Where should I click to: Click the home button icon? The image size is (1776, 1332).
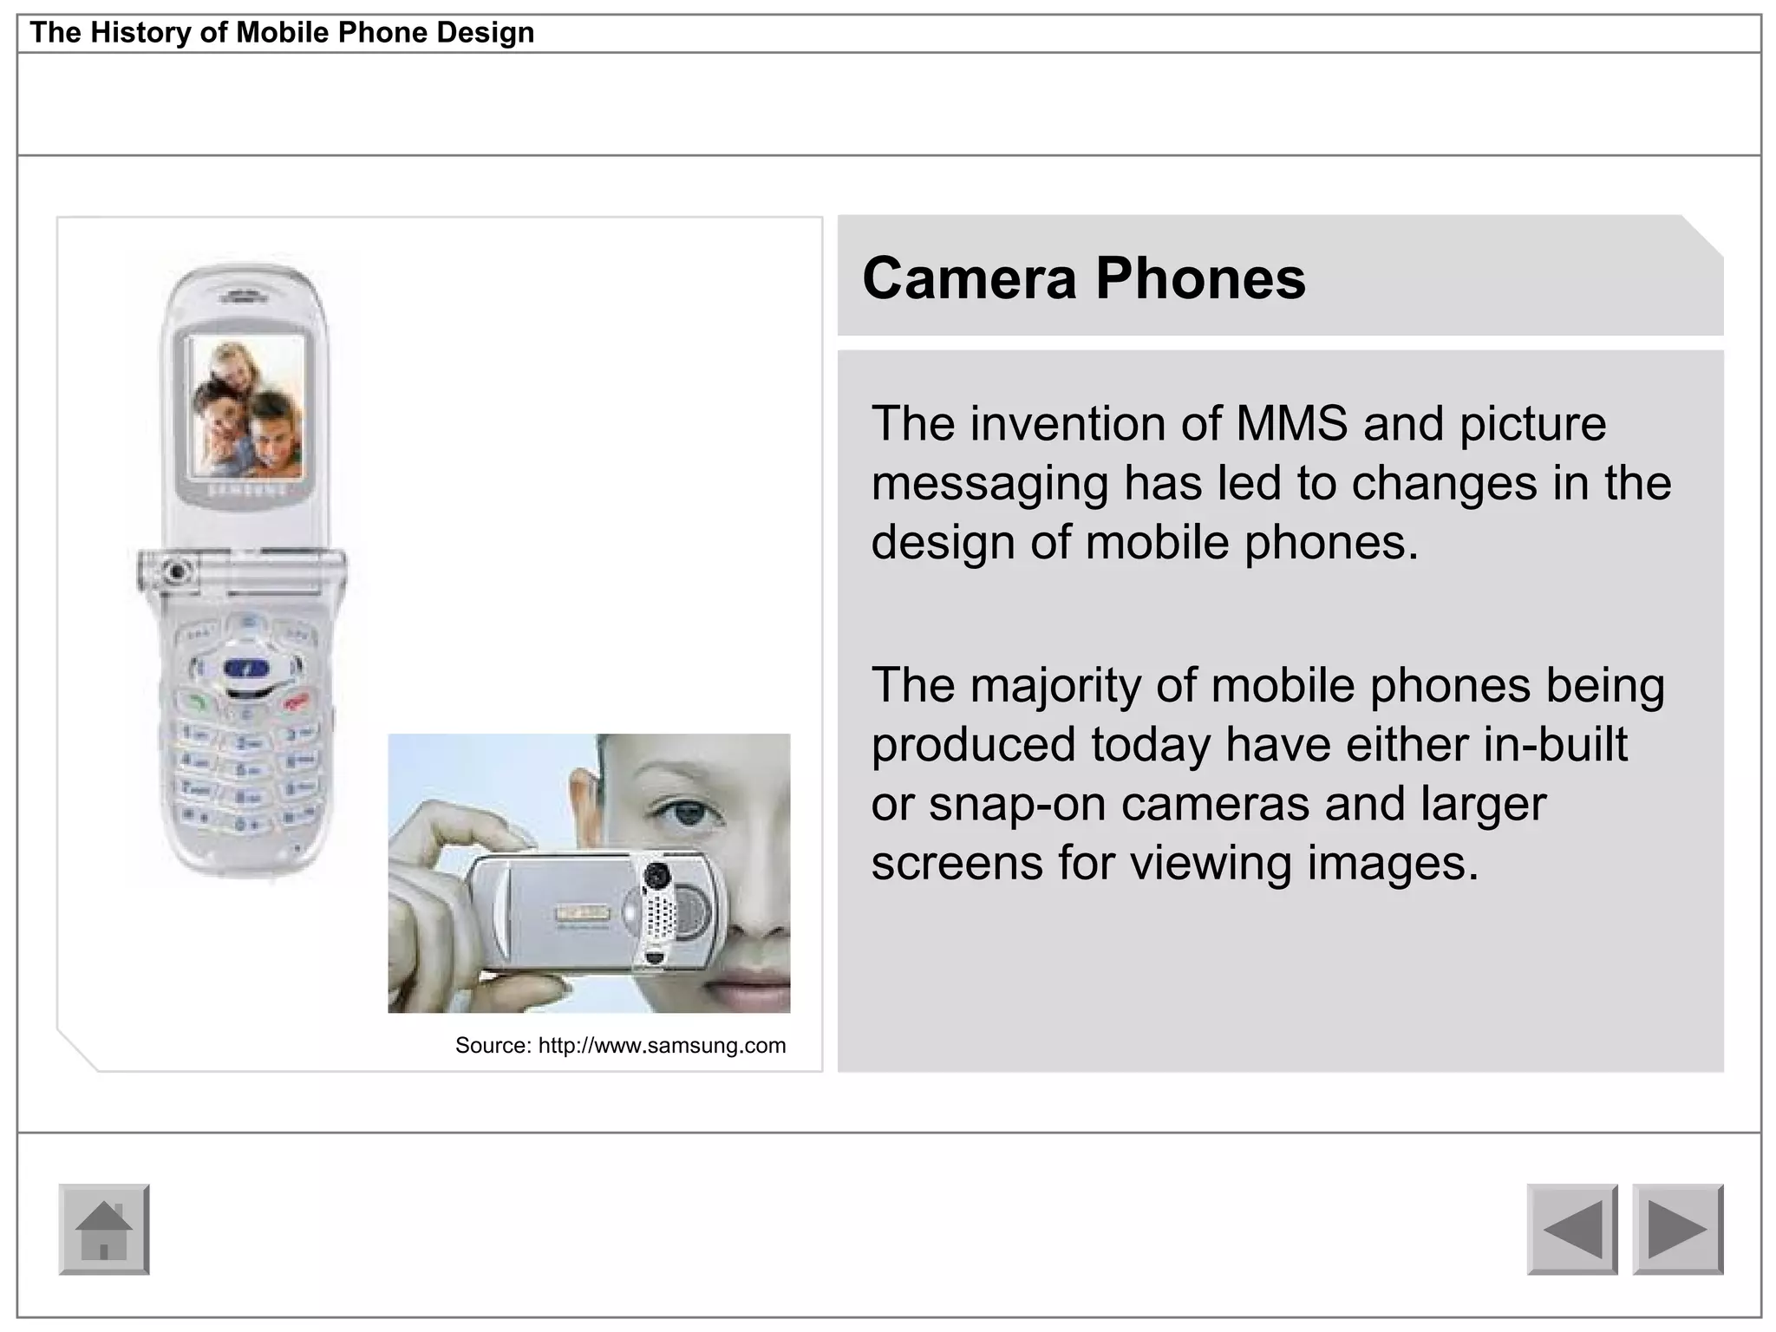104,1229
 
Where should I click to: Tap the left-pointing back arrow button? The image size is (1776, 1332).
1572,1229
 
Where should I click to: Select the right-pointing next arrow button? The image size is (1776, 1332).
1678,1229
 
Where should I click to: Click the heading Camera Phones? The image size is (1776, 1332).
1083,278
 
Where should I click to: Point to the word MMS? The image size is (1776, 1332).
1291,424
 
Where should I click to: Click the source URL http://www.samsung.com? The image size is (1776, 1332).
662,1046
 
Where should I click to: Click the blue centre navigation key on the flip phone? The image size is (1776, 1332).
248,669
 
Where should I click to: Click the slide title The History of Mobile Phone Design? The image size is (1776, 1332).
282,33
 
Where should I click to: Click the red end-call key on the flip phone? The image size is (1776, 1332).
296,701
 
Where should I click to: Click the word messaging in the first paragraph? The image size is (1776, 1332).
989,484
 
